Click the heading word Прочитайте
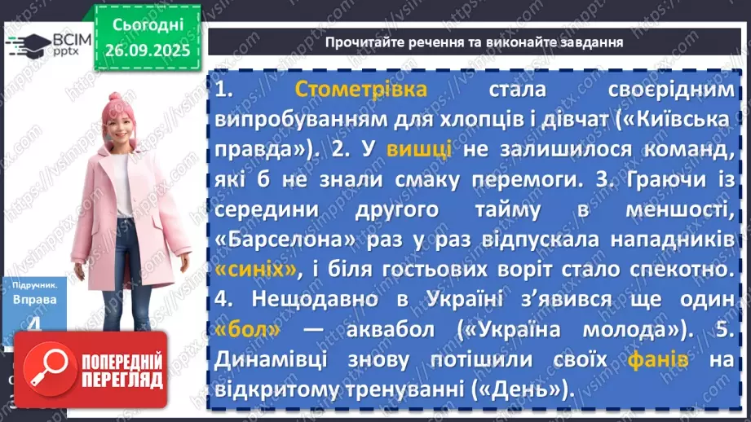point(369,42)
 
